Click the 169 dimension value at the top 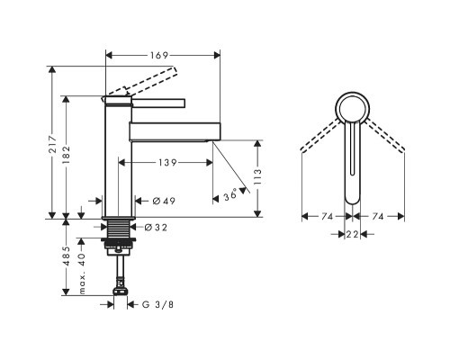point(159,56)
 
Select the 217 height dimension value point(53,145)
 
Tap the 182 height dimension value point(66,155)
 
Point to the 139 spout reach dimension point(167,163)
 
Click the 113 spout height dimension point(257,177)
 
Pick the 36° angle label point(230,196)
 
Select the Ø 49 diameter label point(164,201)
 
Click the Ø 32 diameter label point(156,228)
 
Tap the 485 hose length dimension point(66,256)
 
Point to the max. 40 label point(82,273)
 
